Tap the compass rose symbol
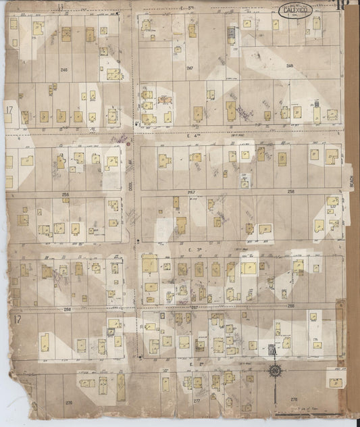tap(276, 370)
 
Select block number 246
tap(64, 70)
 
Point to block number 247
tap(190, 69)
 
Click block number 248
tap(290, 66)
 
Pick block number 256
tap(66, 194)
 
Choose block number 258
tap(291, 192)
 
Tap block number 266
tap(67, 308)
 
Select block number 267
tap(194, 307)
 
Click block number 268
tap(291, 305)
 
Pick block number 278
tap(294, 400)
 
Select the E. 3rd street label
tap(193, 249)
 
